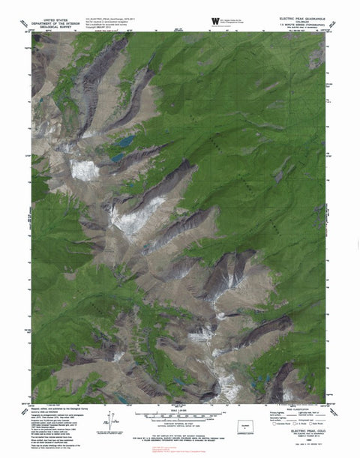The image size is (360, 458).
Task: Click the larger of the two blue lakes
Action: [124, 141]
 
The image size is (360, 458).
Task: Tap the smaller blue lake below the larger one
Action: [118, 158]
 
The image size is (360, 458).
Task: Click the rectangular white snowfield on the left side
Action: [84, 169]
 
